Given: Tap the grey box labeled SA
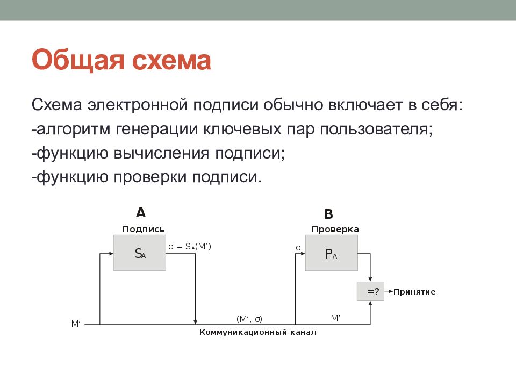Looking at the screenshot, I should [140, 253].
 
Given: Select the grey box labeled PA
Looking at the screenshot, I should [331, 254].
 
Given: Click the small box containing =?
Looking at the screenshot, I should [371, 292].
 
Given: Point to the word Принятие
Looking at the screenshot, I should [414, 292].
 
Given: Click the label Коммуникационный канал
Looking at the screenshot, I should [258, 333].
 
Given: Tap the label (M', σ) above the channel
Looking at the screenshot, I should [249, 319].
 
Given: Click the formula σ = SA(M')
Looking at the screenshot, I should [190, 247].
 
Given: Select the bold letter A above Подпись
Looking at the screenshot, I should [140, 212].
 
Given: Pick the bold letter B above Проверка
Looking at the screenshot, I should [328, 214].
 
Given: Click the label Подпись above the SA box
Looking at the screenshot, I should [144, 229].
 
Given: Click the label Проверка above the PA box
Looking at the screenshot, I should [335, 229].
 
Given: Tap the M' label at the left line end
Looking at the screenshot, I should [76, 324].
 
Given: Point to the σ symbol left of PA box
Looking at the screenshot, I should [298, 248].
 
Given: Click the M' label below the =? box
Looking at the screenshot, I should [335, 318].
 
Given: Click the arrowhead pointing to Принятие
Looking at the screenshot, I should [389, 292].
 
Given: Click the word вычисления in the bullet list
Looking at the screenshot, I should [162, 153].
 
